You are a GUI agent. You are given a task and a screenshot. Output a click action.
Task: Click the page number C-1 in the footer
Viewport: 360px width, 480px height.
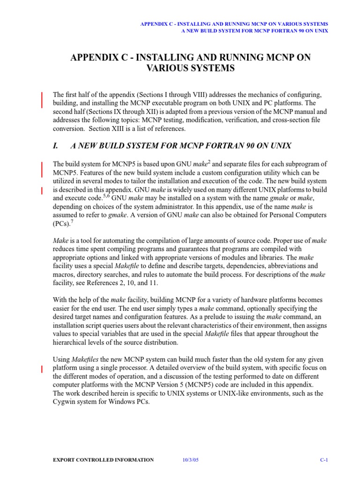tap(323, 460)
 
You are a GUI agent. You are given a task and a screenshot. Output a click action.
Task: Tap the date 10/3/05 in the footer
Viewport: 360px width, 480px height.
tap(191, 460)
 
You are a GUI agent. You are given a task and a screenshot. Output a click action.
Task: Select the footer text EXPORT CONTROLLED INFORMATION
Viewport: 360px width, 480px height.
tap(104, 460)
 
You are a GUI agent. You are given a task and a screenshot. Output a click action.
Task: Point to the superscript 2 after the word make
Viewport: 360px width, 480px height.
tap(209, 162)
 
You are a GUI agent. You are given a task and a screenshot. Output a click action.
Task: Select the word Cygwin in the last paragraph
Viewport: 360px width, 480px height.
tap(65, 402)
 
